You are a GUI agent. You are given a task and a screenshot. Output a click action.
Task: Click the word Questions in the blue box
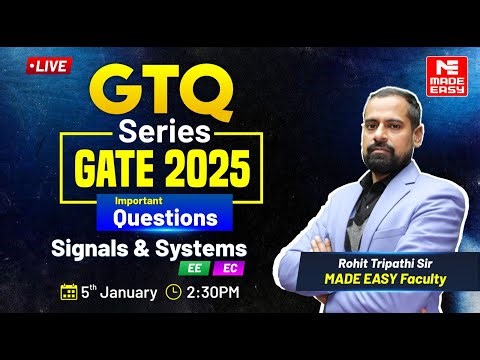coord(164,214)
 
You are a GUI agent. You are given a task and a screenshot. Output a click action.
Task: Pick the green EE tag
coord(190,269)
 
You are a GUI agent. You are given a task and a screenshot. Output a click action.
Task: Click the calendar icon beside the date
coord(69,292)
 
